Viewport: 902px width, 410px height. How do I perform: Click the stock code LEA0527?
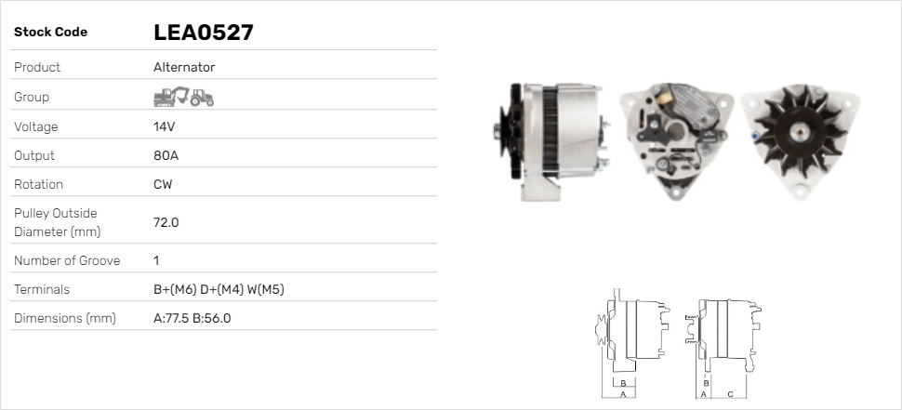pos(204,33)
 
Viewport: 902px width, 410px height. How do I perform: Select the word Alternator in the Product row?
pos(184,67)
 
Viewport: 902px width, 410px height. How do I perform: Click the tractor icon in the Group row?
pos(202,97)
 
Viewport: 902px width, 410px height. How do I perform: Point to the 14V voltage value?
pos(165,126)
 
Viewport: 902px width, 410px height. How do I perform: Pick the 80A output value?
pos(166,155)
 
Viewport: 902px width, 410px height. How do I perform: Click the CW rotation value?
pos(163,184)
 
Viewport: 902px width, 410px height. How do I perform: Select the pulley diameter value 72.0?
pos(166,222)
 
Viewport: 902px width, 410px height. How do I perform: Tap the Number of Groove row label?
pos(67,260)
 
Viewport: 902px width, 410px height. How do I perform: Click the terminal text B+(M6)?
pos(174,289)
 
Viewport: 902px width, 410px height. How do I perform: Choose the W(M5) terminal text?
pos(266,289)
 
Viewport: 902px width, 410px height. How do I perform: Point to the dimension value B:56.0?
pos(211,318)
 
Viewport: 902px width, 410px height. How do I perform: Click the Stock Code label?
pos(50,33)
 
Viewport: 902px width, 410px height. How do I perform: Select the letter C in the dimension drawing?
pos(730,394)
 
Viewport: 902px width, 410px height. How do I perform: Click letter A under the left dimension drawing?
pos(622,394)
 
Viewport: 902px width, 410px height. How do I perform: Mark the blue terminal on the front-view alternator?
pos(754,136)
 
